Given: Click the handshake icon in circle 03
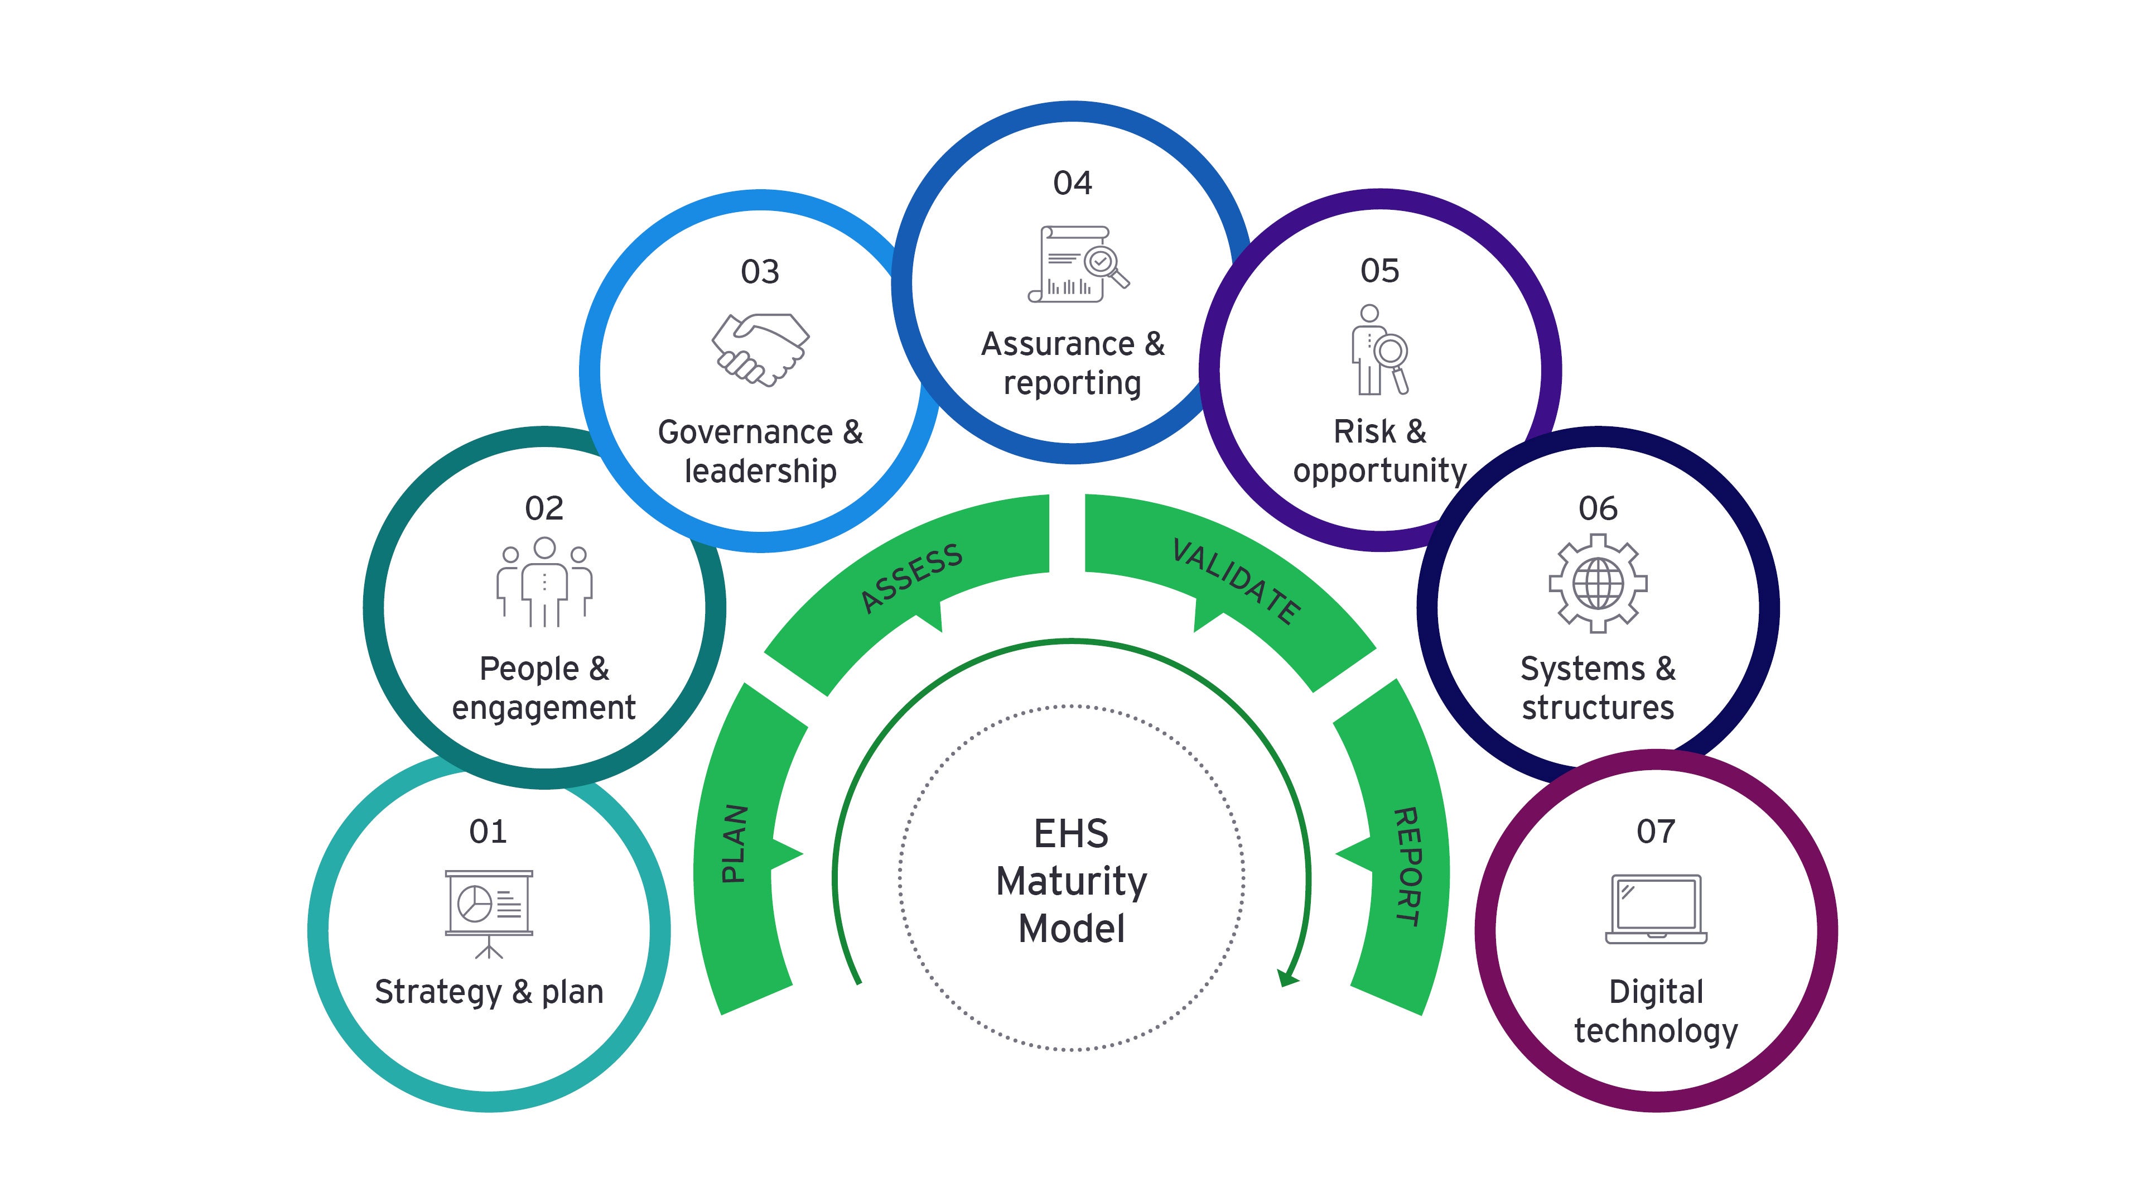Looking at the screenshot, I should (759, 349).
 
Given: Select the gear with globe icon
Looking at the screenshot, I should (1598, 583).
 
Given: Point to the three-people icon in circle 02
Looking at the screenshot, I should (544, 582).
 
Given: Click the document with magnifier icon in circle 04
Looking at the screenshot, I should (1077, 263).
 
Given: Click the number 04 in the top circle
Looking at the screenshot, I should (1072, 183).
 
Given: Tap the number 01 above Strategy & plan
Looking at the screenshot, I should (488, 831).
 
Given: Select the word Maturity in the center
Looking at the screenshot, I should (1071, 881).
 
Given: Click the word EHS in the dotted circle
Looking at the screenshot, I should (1071, 833).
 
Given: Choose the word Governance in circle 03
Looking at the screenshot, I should (745, 433).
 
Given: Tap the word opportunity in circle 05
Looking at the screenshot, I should (1379, 472).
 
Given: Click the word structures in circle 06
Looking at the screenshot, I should (1598, 708).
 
